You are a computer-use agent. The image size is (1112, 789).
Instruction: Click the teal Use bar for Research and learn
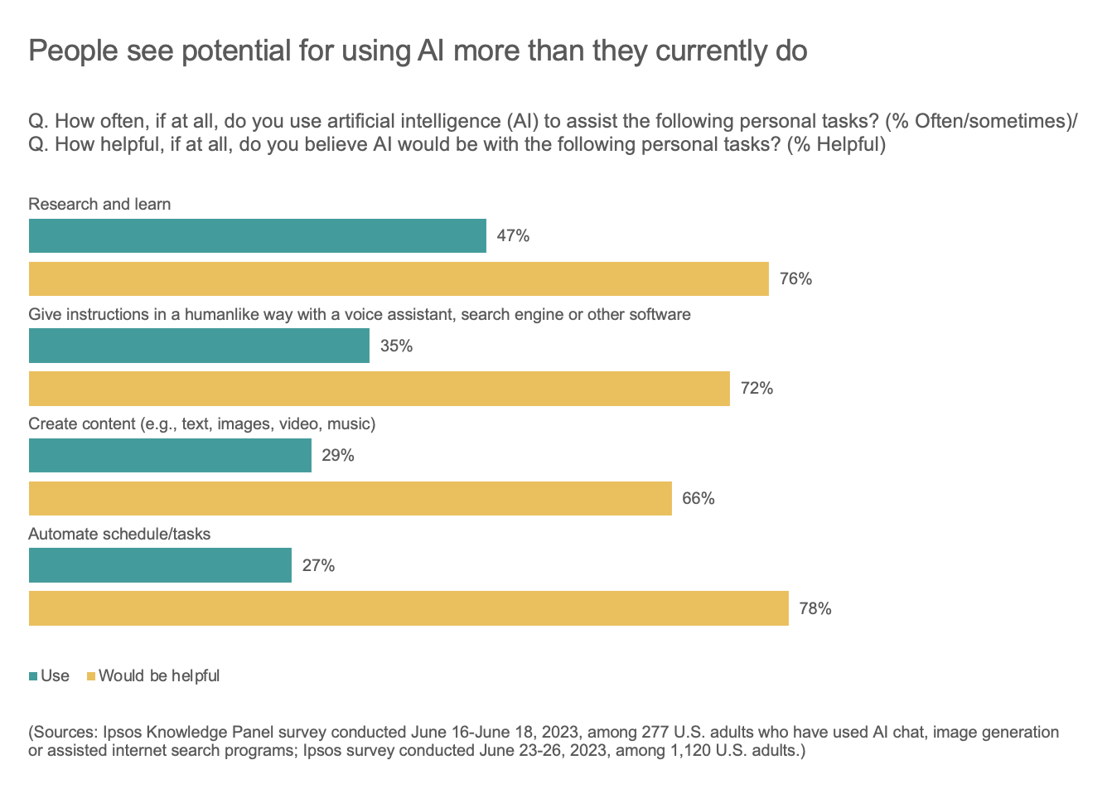tap(257, 236)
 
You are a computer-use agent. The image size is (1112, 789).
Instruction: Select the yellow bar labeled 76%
tap(399, 279)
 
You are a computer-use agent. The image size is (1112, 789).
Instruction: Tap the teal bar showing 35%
tap(199, 346)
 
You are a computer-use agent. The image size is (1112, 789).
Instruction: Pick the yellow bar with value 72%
tap(379, 389)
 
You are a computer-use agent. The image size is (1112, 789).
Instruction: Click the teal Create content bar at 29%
tap(170, 456)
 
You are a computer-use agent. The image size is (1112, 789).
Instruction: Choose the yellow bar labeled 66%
tap(350, 499)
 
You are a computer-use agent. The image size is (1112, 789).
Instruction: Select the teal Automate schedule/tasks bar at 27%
tap(160, 565)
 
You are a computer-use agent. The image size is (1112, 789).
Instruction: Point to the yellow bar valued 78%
tap(409, 608)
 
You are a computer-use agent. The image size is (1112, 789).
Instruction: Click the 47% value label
tap(513, 236)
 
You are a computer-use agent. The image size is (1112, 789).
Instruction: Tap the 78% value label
tap(815, 609)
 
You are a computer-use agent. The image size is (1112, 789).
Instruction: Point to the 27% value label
tap(318, 566)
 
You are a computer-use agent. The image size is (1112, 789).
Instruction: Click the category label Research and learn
tap(99, 205)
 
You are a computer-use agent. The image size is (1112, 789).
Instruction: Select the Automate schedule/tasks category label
tap(119, 535)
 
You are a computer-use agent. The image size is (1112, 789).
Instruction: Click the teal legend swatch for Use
tap(33, 676)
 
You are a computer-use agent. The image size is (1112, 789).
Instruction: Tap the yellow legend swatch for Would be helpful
tap(91, 676)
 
